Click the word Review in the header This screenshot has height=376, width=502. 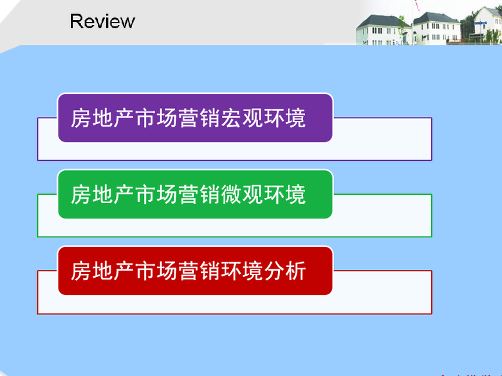pos(102,21)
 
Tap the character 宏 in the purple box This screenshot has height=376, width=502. pos(231,118)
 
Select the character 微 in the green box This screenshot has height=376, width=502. pos(231,194)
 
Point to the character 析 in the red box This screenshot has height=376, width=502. pos(295,271)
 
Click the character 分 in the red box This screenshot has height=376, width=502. pos(274,271)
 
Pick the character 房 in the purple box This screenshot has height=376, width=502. pos(80,118)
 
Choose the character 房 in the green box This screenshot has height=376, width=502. pos(80,194)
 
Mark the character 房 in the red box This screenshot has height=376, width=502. pos(80,271)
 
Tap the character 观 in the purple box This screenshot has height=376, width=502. pos(252,118)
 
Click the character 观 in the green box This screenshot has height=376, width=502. pos(252,194)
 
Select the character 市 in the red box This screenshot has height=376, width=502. pos(145,271)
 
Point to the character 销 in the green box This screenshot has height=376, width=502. pos(209,194)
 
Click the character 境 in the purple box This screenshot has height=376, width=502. pos(295,118)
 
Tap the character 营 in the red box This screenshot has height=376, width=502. pos(188,271)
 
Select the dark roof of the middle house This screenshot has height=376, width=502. pos(436,18)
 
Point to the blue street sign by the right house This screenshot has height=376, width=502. pos(481,23)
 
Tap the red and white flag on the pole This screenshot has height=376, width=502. pos(417,4)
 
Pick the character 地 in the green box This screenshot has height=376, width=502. pos(102,194)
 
